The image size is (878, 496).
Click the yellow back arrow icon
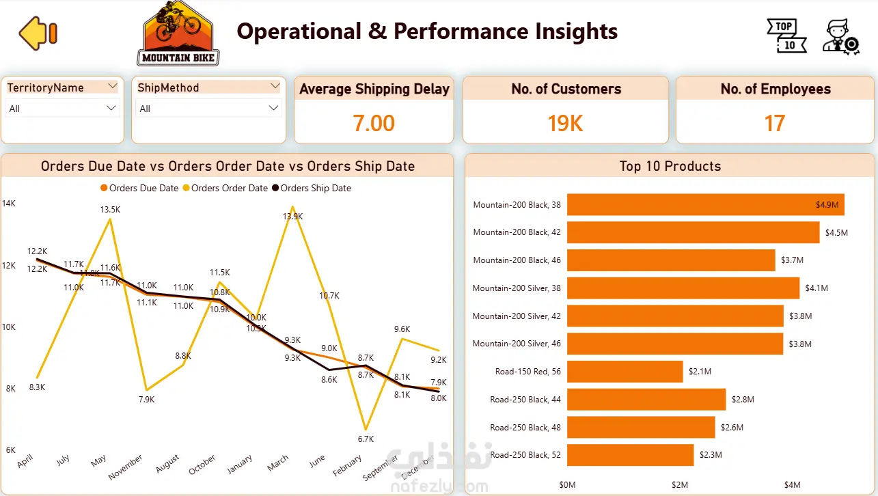pyautogui.click(x=38, y=33)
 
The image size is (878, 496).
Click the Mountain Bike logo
pyautogui.click(x=178, y=33)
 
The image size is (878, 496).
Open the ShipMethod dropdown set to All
pyautogui.click(x=208, y=109)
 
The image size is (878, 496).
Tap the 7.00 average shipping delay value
pyautogui.click(x=374, y=123)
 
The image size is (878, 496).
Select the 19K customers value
pyautogui.click(x=565, y=123)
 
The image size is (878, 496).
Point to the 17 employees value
pyautogui.click(x=775, y=123)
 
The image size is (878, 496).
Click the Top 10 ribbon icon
pyautogui.click(x=786, y=36)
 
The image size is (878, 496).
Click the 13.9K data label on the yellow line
pyautogui.click(x=292, y=216)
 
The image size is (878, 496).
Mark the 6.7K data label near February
pyautogui.click(x=366, y=439)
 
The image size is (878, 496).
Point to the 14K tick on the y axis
pyautogui.click(x=9, y=204)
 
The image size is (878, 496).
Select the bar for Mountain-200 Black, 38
pyautogui.click(x=705, y=204)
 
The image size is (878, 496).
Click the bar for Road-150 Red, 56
pyautogui.click(x=625, y=372)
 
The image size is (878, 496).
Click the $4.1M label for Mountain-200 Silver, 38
pyautogui.click(x=817, y=288)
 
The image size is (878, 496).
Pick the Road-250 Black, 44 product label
pyautogui.click(x=525, y=400)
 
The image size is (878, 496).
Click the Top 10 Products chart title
pyautogui.click(x=670, y=166)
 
